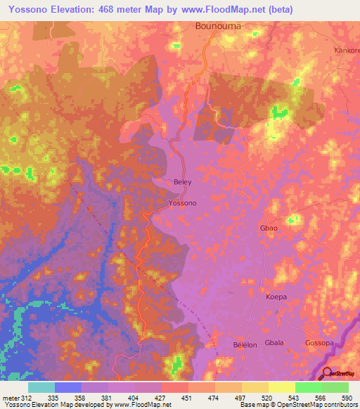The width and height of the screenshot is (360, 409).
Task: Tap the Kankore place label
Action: tap(345, 51)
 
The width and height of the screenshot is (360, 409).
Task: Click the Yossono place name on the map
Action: tap(183, 203)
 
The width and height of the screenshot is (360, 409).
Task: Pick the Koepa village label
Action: tap(276, 297)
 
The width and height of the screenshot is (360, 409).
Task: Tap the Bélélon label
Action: tap(245, 345)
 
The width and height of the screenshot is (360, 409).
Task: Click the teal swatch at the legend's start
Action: tap(41, 387)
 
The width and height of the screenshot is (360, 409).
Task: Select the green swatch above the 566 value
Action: tap(309, 387)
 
